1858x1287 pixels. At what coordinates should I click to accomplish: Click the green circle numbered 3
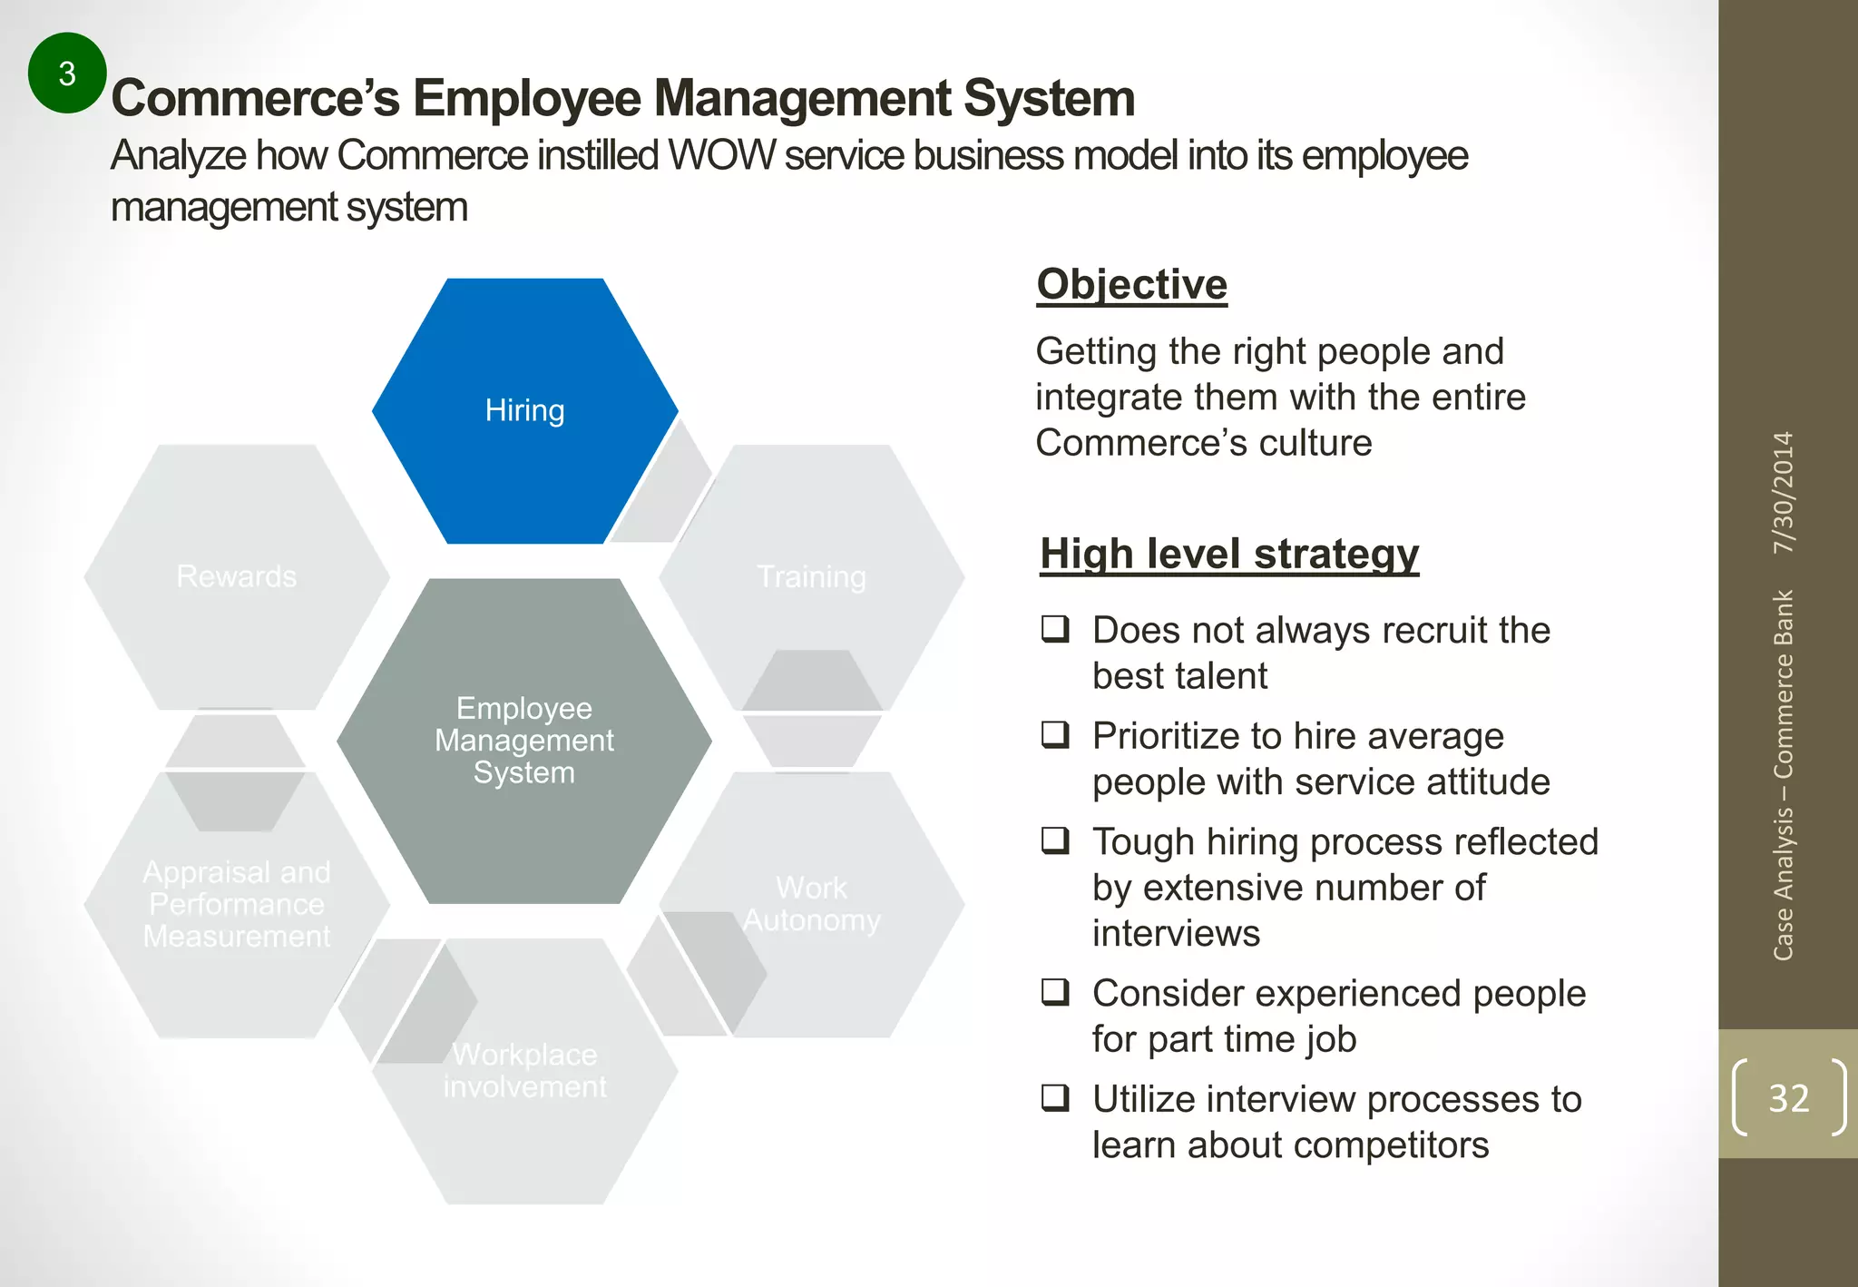point(67,74)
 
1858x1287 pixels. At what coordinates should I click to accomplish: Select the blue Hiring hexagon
point(524,410)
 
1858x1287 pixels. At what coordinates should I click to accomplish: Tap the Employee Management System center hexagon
point(524,740)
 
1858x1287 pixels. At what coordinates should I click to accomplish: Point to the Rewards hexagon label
point(237,576)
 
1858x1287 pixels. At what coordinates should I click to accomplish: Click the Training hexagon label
point(811,576)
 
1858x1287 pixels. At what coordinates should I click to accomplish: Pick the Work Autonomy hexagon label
point(811,904)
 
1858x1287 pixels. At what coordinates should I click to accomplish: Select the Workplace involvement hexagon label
point(524,1070)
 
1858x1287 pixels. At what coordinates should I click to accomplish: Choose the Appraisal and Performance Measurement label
point(237,904)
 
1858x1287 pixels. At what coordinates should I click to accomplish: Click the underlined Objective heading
point(1131,284)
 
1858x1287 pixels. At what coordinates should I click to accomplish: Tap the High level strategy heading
point(1229,554)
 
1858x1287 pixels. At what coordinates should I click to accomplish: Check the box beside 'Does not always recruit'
point(1055,628)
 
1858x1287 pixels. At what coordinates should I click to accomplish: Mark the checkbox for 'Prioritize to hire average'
point(1055,733)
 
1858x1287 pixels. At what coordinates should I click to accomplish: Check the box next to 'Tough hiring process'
point(1055,840)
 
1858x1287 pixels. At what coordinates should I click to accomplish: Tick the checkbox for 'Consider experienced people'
point(1055,991)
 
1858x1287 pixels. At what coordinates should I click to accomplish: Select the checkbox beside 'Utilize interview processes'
point(1055,1097)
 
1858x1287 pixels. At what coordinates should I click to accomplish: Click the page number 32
point(1788,1098)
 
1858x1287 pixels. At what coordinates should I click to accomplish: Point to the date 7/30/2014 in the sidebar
point(1784,493)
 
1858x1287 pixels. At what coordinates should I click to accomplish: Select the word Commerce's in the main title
point(255,98)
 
